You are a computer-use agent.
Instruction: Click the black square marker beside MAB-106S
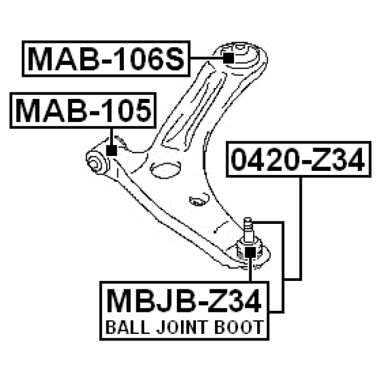click(228, 58)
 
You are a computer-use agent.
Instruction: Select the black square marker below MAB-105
click(110, 150)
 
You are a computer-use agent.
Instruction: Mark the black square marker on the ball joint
click(251, 254)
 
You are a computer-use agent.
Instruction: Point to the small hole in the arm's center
click(193, 201)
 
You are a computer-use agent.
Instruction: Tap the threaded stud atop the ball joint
click(248, 227)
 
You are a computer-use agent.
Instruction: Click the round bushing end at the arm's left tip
click(95, 161)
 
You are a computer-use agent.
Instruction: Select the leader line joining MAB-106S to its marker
click(206, 58)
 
